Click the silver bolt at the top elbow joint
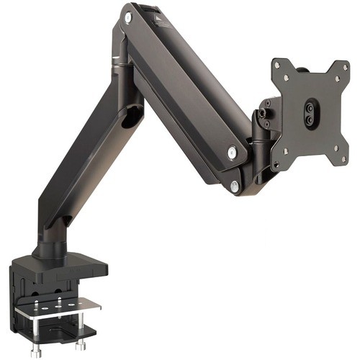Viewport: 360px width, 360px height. point(128,14)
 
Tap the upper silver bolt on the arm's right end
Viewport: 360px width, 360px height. point(231,152)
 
